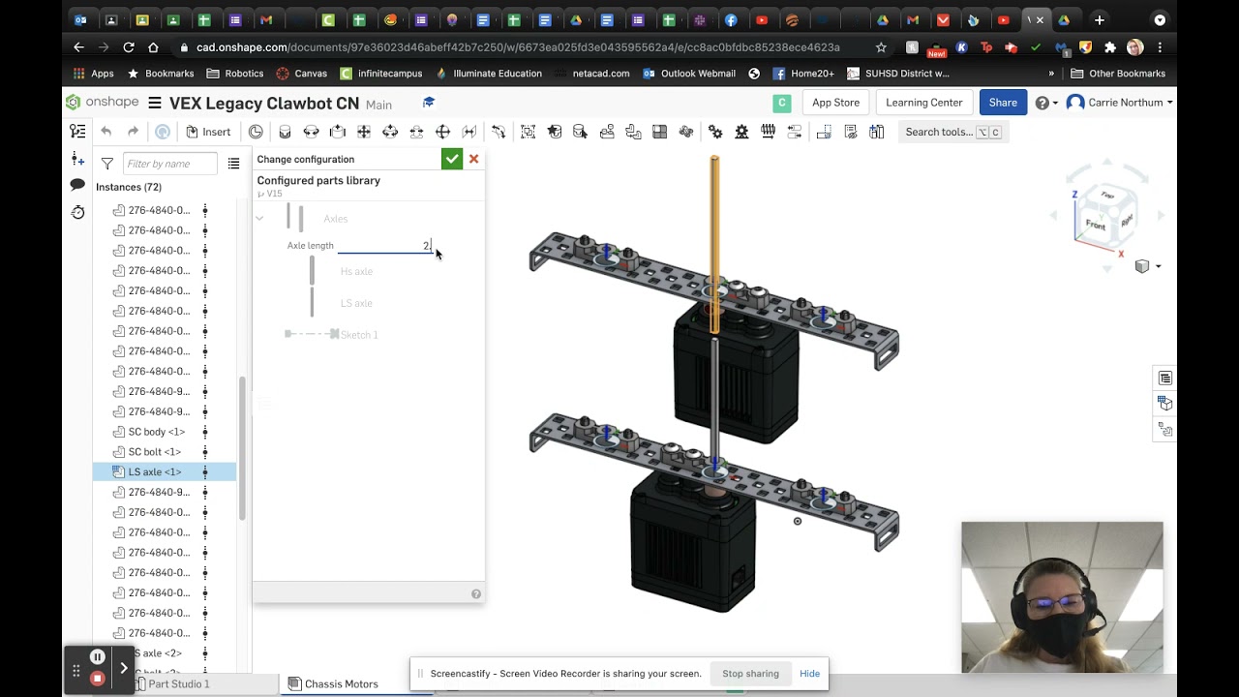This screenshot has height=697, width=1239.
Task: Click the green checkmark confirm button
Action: coord(452,159)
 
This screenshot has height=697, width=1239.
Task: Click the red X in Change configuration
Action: coord(473,159)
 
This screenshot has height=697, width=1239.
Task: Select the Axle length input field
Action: coord(384,246)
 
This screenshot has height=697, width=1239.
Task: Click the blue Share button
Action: coord(1003,103)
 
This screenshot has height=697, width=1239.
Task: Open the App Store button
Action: coord(835,103)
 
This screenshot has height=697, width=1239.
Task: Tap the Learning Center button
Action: coord(923,103)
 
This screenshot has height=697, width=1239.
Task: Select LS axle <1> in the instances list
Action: coord(155,472)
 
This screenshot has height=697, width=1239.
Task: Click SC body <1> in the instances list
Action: coord(156,432)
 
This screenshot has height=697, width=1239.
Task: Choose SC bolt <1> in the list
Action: coord(155,452)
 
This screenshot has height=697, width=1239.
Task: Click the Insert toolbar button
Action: coord(208,132)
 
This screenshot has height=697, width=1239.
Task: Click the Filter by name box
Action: coord(170,164)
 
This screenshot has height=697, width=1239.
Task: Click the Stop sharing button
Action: coord(750,674)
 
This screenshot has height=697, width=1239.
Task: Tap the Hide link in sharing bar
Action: coord(809,674)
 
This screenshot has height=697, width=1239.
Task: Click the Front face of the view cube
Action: coord(1095,225)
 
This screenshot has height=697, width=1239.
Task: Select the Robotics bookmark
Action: coord(244,74)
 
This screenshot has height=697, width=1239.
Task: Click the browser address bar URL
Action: coord(518,47)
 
